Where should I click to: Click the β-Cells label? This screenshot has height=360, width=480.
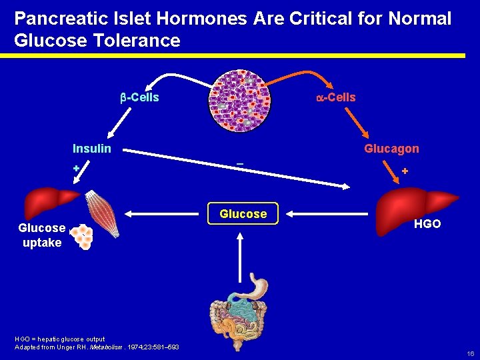[x=139, y=98]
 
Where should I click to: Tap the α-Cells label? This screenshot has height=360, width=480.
[x=335, y=97]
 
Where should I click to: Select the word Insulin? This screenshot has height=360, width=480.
[x=92, y=148]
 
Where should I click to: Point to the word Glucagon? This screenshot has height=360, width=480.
[x=391, y=149]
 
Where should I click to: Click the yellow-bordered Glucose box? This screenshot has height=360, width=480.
[x=243, y=214]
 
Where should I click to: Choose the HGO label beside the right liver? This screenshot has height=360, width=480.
[x=427, y=224]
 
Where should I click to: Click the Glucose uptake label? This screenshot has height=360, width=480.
[x=41, y=235]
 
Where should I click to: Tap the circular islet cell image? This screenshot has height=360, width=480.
[x=240, y=100]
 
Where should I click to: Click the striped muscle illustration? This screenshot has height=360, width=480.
[x=102, y=214]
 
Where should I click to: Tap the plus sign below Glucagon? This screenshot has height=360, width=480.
[x=405, y=172]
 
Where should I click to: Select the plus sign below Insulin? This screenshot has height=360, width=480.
[x=76, y=168]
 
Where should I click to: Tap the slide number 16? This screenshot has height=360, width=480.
[x=470, y=354]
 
